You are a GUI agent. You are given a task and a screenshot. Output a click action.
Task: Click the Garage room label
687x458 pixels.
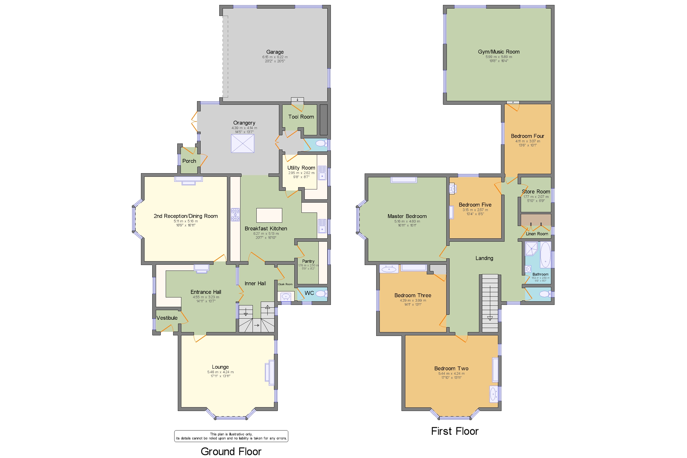(275, 52)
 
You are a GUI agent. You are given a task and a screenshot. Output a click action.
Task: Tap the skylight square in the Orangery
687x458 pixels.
(242, 144)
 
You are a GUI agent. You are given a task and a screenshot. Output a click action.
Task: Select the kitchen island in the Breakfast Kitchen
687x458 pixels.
(269, 215)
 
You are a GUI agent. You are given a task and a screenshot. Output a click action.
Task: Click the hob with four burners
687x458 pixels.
(235, 214)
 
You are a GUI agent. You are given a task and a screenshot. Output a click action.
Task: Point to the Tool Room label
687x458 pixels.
(301, 117)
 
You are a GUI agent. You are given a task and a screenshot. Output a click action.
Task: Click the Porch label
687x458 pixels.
(189, 161)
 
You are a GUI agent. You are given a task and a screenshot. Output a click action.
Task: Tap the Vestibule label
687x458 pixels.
(167, 318)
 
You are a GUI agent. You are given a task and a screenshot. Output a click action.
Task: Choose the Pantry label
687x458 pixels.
(308, 261)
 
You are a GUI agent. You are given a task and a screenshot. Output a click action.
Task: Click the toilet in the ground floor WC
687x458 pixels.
(321, 294)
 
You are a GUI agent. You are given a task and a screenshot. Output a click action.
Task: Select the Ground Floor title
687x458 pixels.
(231, 451)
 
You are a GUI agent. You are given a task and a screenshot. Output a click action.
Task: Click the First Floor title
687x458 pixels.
(455, 431)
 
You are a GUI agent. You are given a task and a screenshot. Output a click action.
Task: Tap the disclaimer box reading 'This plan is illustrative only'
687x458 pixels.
(231, 436)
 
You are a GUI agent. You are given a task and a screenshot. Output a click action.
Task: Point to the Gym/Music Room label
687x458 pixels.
(498, 52)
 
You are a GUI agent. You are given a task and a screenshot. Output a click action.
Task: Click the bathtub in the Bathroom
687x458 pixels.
(545, 254)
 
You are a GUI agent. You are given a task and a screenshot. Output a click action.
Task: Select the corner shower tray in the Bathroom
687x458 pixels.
(531, 248)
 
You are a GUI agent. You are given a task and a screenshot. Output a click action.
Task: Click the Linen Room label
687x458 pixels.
(537, 234)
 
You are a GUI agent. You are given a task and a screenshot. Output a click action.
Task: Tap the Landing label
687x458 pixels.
(484, 258)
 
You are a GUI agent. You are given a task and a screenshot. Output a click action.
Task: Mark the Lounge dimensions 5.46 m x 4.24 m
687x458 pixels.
(220, 372)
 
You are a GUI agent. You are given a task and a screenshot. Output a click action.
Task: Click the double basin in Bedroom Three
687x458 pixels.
(389, 269)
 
